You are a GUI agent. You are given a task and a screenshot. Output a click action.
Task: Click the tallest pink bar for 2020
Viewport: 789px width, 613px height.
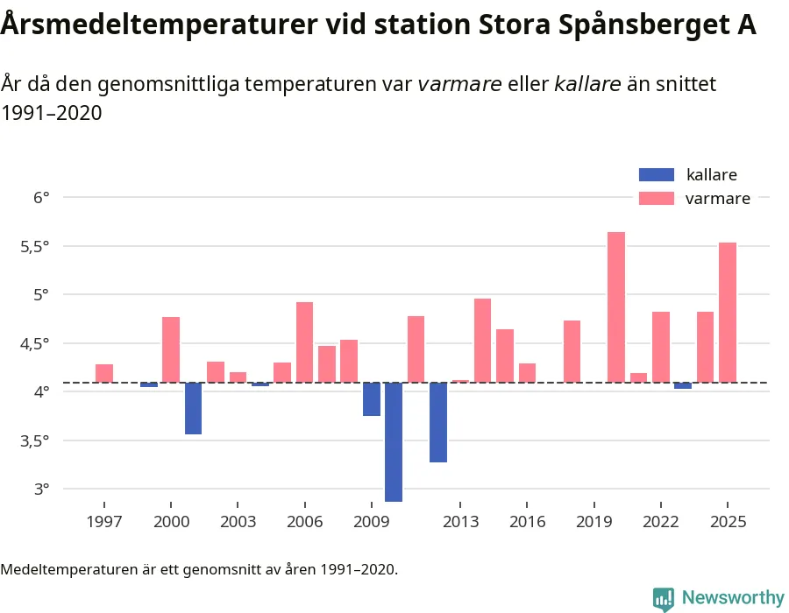point(616,306)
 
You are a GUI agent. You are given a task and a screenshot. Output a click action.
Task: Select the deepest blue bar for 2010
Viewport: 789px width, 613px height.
point(394,441)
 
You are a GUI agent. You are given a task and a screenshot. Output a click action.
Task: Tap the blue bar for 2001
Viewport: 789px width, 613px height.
point(193,408)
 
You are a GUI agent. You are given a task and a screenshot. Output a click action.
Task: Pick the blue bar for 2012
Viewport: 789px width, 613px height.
point(438,422)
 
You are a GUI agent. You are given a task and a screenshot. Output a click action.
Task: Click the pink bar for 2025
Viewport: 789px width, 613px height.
point(728,312)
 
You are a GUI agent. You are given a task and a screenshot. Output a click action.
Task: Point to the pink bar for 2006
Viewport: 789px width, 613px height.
point(304,342)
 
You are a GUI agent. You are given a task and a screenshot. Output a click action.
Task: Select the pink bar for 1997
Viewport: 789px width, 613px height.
point(104,373)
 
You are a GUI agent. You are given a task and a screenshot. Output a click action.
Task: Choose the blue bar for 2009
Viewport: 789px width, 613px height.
point(372,399)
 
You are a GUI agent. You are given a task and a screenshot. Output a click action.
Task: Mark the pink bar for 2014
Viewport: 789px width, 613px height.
point(483,340)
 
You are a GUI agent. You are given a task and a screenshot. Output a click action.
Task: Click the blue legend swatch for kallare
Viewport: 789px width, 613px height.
point(657,174)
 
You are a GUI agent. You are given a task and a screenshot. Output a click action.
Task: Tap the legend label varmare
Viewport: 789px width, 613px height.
point(717,199)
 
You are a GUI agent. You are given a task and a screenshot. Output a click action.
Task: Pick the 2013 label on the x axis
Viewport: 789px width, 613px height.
point(461,522)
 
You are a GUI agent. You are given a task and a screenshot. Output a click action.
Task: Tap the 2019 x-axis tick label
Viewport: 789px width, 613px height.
point(594,522)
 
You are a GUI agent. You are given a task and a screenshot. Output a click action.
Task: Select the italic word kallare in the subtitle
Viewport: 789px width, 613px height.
point(587,84)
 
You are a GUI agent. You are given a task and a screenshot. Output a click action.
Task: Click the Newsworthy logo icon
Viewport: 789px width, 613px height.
point(664,598)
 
